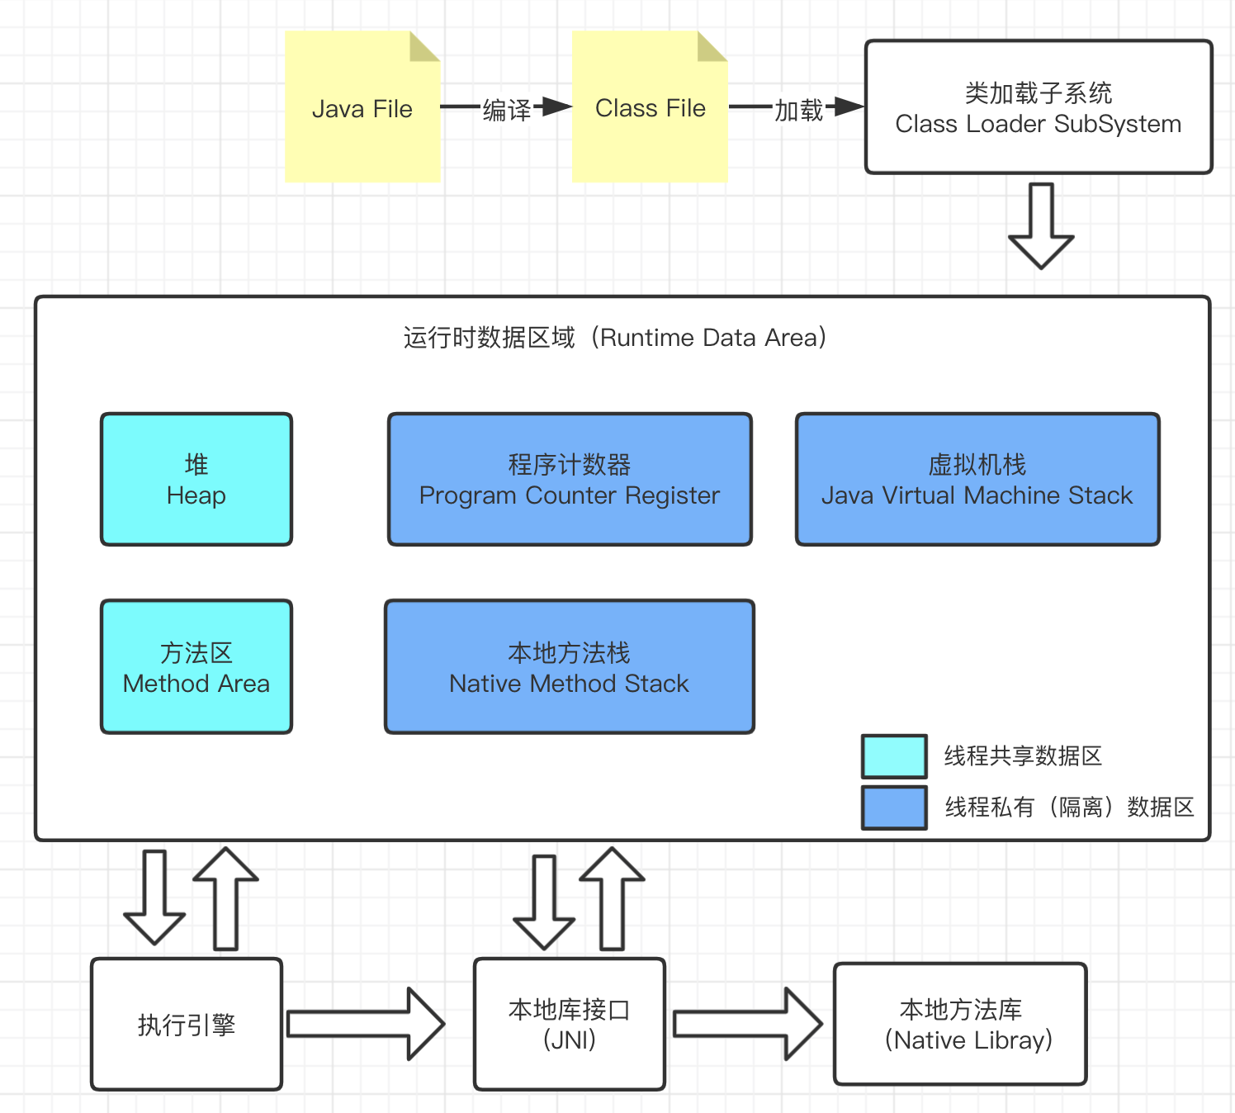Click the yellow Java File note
(362, 107)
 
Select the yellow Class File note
(650, 107)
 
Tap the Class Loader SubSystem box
(1039, 107)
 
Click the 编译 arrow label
(506, 109)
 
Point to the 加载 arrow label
(798, 109)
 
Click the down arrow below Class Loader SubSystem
(1041, 225)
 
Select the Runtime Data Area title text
(615, 338)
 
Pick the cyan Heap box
(196, 480)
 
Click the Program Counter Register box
(570, 480)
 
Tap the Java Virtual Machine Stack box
(977, 480)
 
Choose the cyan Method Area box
(196, 667)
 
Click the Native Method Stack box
(570, 667)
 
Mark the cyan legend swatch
(894, 756)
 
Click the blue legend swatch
(894, 808)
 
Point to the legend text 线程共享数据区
(1023, 756)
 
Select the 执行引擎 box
(187, 1025)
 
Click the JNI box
(570, 1025)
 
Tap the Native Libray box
(960, 1025)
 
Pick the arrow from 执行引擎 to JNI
(366, 1024)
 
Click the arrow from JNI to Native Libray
(748, 1024)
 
